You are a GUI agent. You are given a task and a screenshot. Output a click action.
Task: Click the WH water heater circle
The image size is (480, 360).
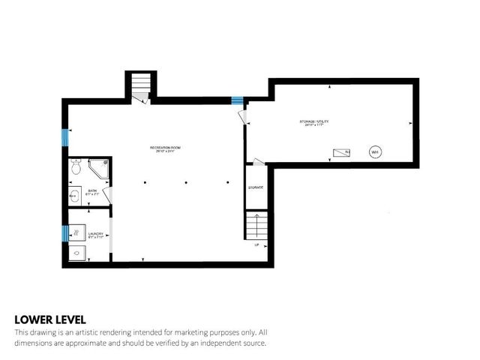[x=374, y=152]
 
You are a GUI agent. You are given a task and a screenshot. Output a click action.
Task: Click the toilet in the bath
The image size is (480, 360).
[x=75, y=169]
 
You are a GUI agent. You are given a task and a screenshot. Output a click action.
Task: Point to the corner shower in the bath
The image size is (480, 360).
[x=99, y=169]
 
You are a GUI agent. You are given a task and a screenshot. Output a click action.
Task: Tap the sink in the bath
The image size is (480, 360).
[x=75, y=196]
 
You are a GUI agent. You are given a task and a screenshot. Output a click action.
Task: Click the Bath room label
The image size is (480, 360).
[x=92, y=192]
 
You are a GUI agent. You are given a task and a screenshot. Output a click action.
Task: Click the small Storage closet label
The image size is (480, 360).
[x=256, y=187]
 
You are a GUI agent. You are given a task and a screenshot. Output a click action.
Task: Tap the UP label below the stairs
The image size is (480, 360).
[x=256, y=245]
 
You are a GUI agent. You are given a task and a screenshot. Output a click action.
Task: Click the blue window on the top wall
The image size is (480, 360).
[x=237, y=101]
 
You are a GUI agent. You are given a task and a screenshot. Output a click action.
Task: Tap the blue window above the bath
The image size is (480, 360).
[x=64, y=137]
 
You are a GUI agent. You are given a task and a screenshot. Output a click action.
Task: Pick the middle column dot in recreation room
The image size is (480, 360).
[x=185, y=181]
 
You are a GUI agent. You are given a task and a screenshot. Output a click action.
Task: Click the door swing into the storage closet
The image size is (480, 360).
[x=257, y=161]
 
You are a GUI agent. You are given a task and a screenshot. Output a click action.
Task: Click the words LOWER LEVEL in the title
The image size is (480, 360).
[x=49, y=319]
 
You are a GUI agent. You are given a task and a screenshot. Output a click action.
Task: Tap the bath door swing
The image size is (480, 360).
[x=108, y=196]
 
